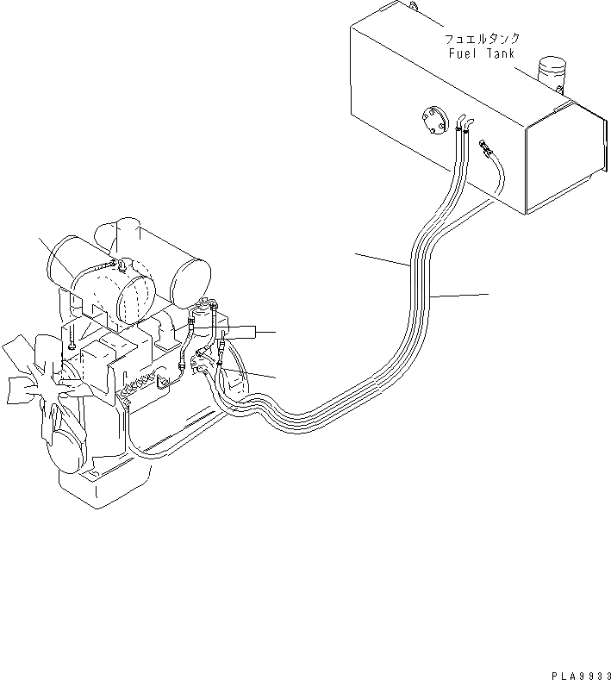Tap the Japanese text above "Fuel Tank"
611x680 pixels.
[481, 40]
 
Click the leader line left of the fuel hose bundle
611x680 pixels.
[378, 259]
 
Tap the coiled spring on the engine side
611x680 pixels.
[141, 384]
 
